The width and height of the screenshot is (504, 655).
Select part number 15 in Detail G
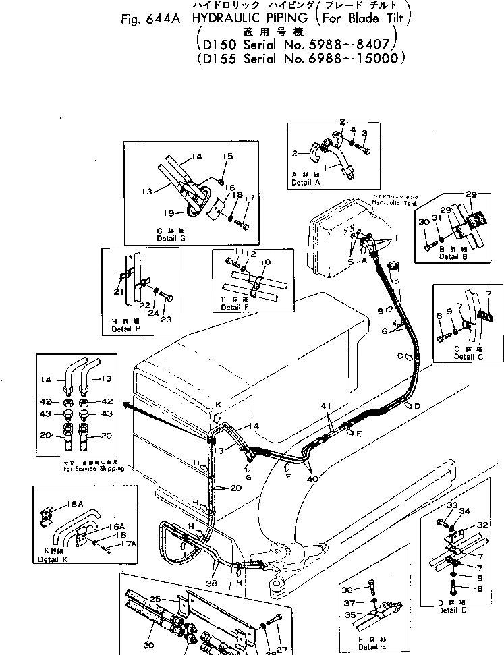pos(227,156)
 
